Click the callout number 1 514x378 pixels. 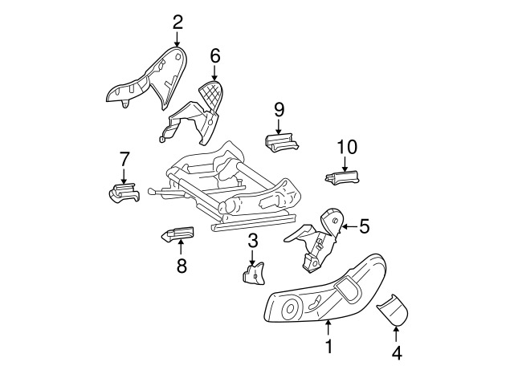pos(328,346)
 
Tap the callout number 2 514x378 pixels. pos(177,22)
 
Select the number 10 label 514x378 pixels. pos(347,147)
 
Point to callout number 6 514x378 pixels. pos(215,56)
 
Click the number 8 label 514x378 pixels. pos(182,266)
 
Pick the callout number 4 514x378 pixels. pos(397,353)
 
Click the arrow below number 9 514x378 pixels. pos(279,126)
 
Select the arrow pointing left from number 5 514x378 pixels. pos(349,226)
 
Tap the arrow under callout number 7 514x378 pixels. pos(124,176)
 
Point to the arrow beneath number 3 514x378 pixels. pos(252,257)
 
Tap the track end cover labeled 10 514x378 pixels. pos(342,177)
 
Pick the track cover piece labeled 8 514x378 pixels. pos(178,234)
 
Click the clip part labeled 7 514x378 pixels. pos(124,193)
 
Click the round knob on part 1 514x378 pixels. pos(290,308)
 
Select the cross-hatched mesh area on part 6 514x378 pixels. pos(211,95)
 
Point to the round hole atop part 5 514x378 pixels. pos(335,221)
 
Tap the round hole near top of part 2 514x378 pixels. pos(177,56)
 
